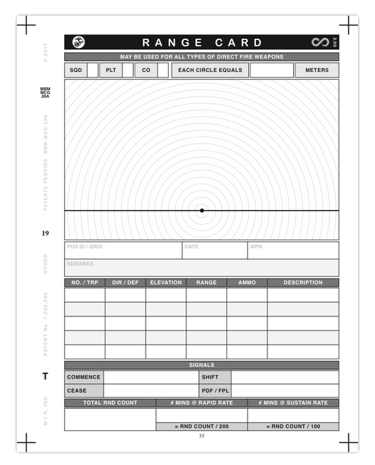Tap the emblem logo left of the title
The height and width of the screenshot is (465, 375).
(77, 43)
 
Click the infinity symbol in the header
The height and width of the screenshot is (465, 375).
(320, 43)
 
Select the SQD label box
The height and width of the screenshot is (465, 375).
(75, 70)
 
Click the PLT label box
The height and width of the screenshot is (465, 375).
(110, 70)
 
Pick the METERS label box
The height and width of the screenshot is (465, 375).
(317, 70)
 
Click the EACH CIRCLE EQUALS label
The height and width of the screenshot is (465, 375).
(210, 70)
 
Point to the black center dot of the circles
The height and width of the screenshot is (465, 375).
(202, 211)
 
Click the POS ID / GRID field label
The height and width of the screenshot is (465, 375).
(84, 247)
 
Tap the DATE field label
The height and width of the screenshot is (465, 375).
(191, 247)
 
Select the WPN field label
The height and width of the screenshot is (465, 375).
(256, 247)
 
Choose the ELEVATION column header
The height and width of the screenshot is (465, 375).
(166, 283)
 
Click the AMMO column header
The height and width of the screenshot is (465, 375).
(247, 283)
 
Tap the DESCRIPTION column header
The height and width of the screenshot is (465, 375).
(303, 283)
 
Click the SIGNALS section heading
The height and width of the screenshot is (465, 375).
(202, 365)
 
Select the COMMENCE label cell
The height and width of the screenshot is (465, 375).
(84, 377)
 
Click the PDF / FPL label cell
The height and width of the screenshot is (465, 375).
(215, 390)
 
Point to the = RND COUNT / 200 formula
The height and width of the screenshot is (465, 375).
(201, 427)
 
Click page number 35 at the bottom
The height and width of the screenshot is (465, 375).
(202, 437)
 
